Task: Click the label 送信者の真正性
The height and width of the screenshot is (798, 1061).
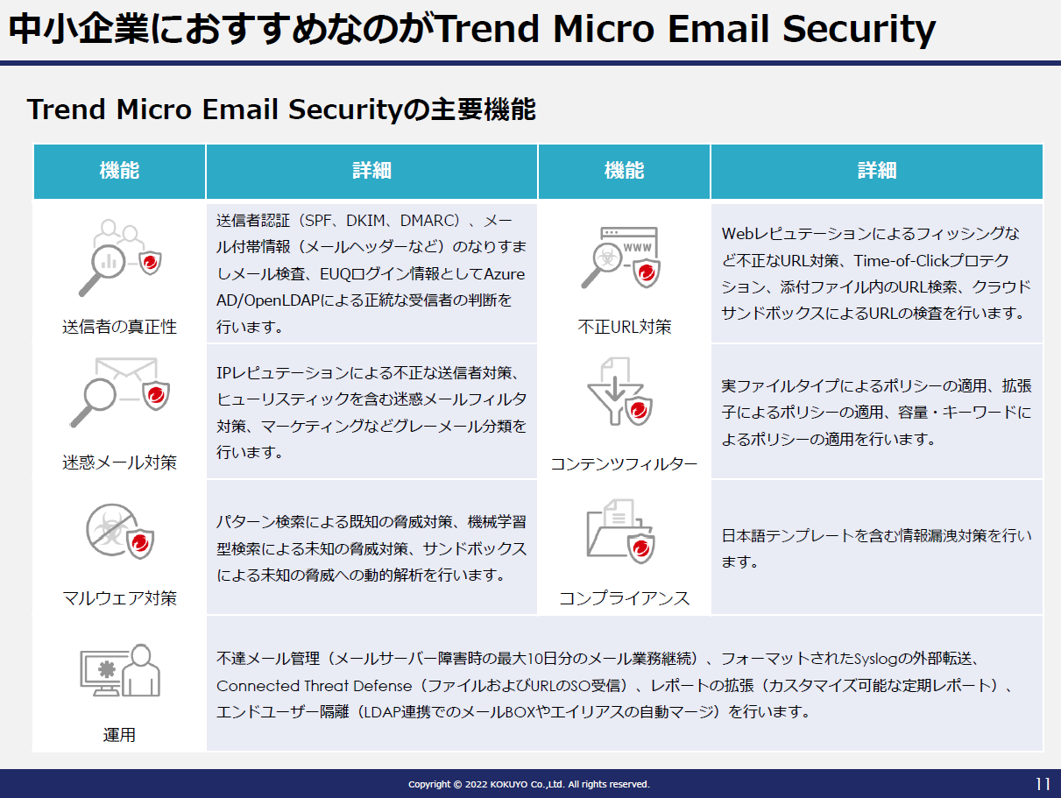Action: click(x=119, y=327)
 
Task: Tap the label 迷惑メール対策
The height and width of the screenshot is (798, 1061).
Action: click(x=119, y=463)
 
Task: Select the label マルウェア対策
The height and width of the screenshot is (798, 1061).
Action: click(x=119, y=598)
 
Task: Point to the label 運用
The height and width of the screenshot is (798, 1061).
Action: click(x=119, y=735)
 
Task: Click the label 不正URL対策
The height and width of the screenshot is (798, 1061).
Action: click(x=625, y=327)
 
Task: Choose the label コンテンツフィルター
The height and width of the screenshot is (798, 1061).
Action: click(x=624, y=464)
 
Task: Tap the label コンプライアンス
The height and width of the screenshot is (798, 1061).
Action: click(x=624, y=598)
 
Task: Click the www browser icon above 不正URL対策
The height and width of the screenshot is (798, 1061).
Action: click(x=621, y=258)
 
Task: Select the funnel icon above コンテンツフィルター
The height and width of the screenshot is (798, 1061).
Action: click(x=619, y=392)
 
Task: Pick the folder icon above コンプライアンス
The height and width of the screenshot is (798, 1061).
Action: click(x=620, y=532)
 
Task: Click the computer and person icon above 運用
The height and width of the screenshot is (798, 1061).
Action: click(x=120, y=670)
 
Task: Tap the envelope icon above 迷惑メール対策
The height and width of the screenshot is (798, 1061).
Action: click(x=120, y=392)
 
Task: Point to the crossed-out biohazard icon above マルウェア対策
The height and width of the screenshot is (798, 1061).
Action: click(x=120, y=532)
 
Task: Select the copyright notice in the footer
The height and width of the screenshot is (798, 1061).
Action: click(x=529, y=784)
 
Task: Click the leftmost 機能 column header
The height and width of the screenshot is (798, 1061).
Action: click(x=119, y=171)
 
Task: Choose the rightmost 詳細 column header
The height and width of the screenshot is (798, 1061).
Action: click(x=877, y=171)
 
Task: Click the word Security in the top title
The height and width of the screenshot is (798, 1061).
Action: click(x=859, y=29)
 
